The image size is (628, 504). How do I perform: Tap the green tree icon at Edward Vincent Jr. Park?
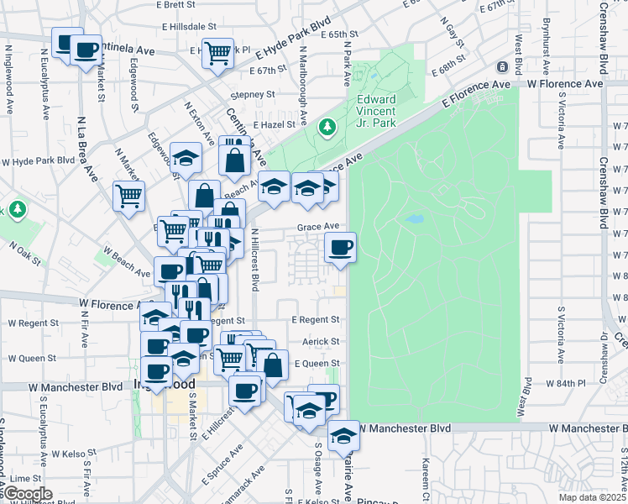[x=327, y=128]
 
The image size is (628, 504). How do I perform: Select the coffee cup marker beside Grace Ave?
[x=340, y=248]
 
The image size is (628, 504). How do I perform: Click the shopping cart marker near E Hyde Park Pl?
[x=217, y=53]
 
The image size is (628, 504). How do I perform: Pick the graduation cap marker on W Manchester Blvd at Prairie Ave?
[x=343, y=435]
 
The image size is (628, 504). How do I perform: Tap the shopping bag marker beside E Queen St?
[x=272, y=365]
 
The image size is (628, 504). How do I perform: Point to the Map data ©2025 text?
[x=589, y=497]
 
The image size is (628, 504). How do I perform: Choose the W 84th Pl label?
[x=564, y=383]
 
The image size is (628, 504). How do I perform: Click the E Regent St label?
[x=316, y=320]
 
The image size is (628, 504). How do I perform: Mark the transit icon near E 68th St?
[x=501, y=66]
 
